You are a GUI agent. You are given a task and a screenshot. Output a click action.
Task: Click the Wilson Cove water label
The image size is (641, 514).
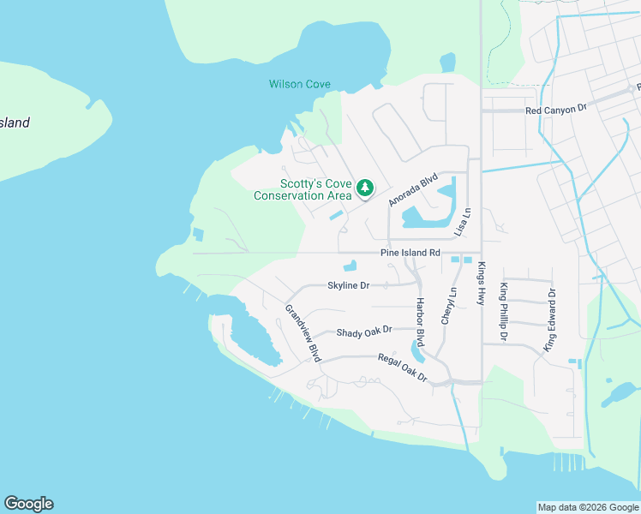(300, 84)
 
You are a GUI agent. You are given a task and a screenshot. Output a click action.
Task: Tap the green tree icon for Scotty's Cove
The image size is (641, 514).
(365, 187)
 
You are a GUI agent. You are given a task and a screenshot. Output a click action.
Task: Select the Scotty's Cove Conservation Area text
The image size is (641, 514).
(303, 189)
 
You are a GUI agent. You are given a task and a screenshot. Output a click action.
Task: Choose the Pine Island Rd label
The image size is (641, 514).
(410, 253)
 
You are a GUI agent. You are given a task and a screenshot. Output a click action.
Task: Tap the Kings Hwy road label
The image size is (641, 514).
(482, 284)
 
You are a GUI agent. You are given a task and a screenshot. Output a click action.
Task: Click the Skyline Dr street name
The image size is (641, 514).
(348, 285)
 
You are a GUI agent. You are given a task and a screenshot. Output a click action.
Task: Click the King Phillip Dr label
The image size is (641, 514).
(504, 312)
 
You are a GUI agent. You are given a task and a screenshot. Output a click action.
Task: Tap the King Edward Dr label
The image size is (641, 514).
(550, 320)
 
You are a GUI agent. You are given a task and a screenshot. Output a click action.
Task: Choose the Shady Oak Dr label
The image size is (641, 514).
(363, 330)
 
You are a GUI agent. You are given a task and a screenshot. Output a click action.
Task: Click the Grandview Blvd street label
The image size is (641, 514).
(303, 332)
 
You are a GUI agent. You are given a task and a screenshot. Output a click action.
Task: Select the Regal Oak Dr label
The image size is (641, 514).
(402, 367)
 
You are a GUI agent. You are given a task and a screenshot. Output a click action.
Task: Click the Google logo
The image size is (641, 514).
(28, 504)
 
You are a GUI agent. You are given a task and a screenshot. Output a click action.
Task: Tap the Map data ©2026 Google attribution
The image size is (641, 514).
(587, 507)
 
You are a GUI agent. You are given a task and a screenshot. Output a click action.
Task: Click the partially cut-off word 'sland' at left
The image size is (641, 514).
(15, 123)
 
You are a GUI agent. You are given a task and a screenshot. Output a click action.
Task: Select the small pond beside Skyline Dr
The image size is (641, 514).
(350, 266)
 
